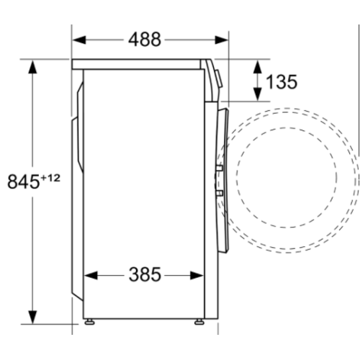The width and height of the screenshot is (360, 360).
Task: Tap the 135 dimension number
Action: [x=281, y=81]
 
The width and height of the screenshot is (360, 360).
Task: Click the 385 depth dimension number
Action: [x=145, y=274]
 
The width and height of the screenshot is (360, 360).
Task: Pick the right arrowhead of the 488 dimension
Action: [x=222, y=40]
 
